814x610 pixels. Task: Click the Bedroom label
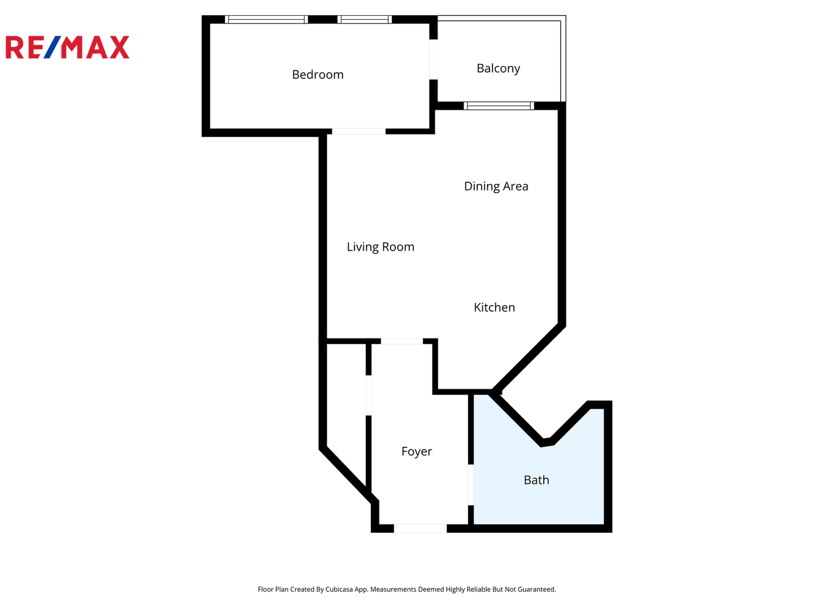coord(318,75)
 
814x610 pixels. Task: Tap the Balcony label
coord(498,68)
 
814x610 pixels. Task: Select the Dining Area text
coord(496,186)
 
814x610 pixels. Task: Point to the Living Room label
coord(380,247)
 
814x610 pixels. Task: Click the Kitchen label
coord(494,307)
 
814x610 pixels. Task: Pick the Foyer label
coord(417,451)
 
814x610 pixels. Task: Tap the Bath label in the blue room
coord(536,480)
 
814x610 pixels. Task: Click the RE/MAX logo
coord(67,47)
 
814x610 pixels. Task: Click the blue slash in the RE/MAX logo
coord(53,47)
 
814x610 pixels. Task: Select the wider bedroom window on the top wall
coord(266,19)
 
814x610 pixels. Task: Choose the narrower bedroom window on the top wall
coord(365,19)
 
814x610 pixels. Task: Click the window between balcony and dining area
coord(499,106)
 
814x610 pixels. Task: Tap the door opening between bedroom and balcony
coord(434,59)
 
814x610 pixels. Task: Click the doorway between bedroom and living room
coord(358,132)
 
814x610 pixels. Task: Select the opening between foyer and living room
coord(401,341)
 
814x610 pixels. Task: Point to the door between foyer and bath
coord(471,485)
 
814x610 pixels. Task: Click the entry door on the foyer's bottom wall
coord(420,529)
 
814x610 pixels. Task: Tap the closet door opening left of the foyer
coord(369,395)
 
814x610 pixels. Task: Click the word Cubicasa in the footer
coord(339,589)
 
